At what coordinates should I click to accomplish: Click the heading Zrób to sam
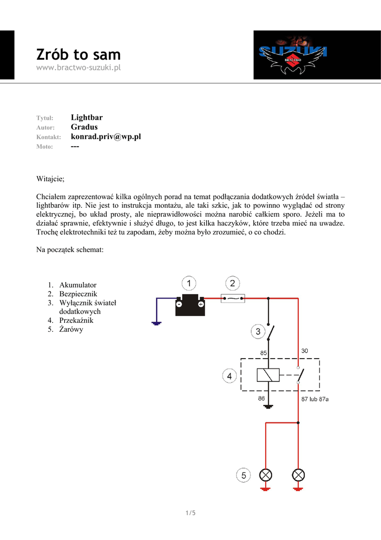(x=78, y=54)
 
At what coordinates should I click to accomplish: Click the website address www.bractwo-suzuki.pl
(x=78, y=68)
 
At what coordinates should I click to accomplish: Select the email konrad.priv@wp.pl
(x=106, y=137)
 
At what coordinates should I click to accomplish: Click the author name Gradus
(x=84, y=127)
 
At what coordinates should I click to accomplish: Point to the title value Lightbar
(x=86, y=117)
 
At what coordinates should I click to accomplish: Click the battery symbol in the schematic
(x=190, y=304)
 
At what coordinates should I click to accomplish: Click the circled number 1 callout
(x=189, y=284)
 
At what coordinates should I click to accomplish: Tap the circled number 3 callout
(x=258, y=332)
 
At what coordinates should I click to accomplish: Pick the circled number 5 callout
(x=243, y=476)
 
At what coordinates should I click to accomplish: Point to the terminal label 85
(x=264, y=352)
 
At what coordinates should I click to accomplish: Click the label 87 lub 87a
(x=315, y=399)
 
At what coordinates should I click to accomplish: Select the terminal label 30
(x=305, y=351)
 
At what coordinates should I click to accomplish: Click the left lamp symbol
(x=266, y=475)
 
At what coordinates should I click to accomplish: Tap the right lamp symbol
(x=298, y=475)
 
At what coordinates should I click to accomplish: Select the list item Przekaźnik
(x=76, y=320)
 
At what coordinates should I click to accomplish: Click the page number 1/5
(x=190, y=513)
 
